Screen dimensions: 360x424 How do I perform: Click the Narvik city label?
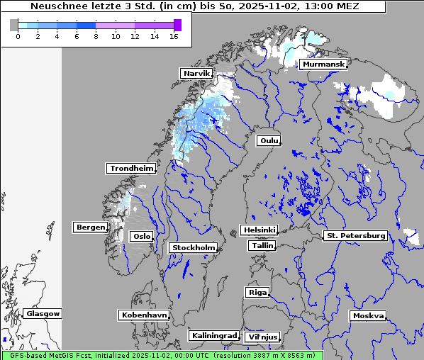[x=196, y=74]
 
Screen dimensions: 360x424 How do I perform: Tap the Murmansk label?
[x=323, y=64]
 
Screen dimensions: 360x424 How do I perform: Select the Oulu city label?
[x=269, y=141]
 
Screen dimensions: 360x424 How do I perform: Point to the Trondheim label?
[x=131, y=169]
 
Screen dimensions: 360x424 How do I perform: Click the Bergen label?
[x=89, y=227]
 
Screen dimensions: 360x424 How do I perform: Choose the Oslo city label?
[x=141, y=237]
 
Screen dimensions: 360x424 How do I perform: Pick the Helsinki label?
[x=259, y=230]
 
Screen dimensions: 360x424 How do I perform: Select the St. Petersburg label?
[x=355, y=235]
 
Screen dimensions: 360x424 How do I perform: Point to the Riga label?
[x=257, y=293]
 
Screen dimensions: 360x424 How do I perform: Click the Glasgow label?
[x=43, y=314]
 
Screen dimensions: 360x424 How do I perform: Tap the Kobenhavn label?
[x=144, y=315]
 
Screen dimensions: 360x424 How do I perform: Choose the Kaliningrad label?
[x=213, y=335]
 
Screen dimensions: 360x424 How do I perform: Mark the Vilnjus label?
[x=262, y=337]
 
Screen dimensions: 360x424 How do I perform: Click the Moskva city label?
[x=368, y=316]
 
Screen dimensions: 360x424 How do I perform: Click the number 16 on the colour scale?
[x=174, y=36]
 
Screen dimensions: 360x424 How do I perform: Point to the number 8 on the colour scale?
[x=96, y=36]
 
